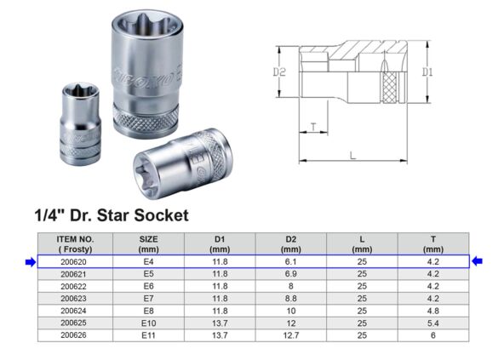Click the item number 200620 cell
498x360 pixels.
pyautogui.click(x=75, y=262)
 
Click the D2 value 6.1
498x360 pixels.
pyautogui.click(x=290, y=262)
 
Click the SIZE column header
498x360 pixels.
pyautogui.click(x=148, y=244)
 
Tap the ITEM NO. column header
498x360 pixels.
pyautogui.click(x=75, y=244)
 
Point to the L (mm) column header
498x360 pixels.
pyautogui.click(x=361, y=244)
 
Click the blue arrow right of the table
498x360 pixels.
pyautogui.click(x=477, y=262)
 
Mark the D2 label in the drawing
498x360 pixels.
pyautogui.click(x=278, y=73)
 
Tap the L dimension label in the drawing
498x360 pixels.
pyautogui.click(x=352, y=153)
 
